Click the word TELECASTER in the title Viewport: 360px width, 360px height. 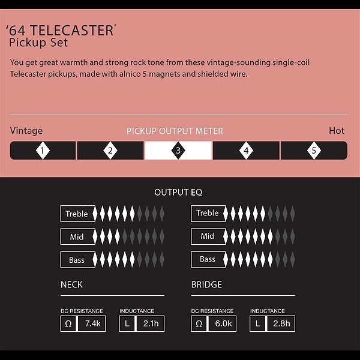72,31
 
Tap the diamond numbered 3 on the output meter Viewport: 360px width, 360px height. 178,151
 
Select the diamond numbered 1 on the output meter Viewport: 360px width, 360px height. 43,151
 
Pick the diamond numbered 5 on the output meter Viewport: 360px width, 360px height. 314,151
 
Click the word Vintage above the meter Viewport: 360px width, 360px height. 26,131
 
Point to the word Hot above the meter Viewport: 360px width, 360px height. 337,131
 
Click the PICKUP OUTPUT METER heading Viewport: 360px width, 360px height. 175,131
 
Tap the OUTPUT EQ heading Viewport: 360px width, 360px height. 178,193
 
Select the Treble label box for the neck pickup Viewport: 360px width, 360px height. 78,214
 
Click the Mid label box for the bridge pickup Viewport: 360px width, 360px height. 208,236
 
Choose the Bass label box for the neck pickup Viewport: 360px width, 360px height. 78,260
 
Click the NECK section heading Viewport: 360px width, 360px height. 71,284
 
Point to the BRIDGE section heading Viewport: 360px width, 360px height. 206,284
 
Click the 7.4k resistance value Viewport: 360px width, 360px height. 93,323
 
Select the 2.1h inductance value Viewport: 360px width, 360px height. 151,323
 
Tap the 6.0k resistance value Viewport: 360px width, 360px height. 223,323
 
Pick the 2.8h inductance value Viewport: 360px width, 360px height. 281,323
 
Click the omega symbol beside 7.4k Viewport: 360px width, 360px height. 68,324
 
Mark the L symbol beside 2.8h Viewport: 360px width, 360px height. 257,324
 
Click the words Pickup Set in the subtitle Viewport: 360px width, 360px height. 38,43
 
